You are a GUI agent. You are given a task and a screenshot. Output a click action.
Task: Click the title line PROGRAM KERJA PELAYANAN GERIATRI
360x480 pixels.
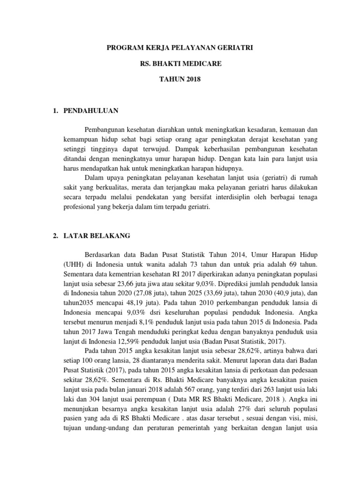[180, 48]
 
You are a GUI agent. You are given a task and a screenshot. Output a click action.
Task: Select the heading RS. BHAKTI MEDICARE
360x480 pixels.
[180, 63]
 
